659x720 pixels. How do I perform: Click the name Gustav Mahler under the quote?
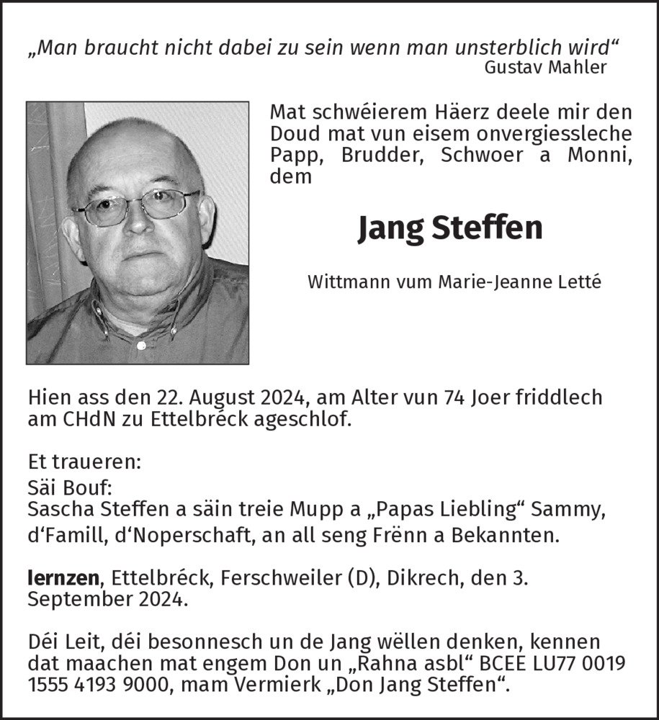click(545, 67)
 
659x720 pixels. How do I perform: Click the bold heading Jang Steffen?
click(450, 228)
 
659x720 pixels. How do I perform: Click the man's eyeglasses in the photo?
click(137, 204)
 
